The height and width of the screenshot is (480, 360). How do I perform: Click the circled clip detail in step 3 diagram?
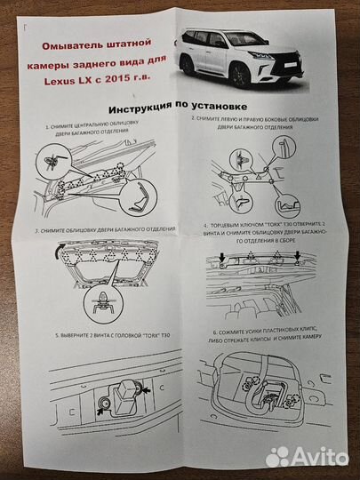(105, 301)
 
